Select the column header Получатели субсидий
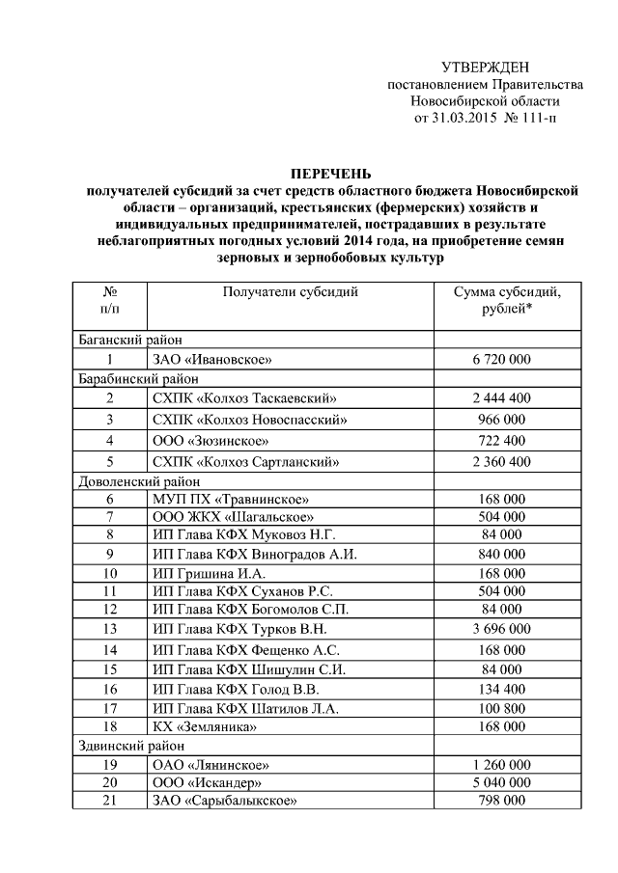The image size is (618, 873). click(x=290, y=291)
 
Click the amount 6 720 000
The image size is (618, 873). click(x=501, y=359)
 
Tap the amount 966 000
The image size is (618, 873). click(x=501, y=419)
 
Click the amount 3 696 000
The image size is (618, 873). click(x=501, y=629)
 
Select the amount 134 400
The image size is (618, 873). click(x=501, y=690)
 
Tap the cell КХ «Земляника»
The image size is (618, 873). click(x=204, y=726)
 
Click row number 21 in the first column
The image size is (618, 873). click(x=110, y=800)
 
